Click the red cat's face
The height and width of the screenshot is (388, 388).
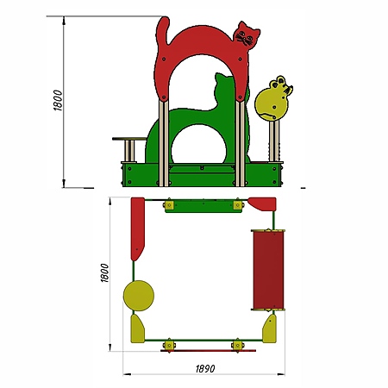(246, 35)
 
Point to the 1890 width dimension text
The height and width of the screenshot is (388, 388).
(205, 368)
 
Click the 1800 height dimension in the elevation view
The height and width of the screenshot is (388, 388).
(58, 100)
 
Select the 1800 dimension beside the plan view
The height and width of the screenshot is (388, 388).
(104, 272)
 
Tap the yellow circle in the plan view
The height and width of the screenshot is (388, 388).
(139, 296)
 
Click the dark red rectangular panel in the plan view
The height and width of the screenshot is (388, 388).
(268, 270)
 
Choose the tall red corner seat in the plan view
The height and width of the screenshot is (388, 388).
(137, 228)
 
